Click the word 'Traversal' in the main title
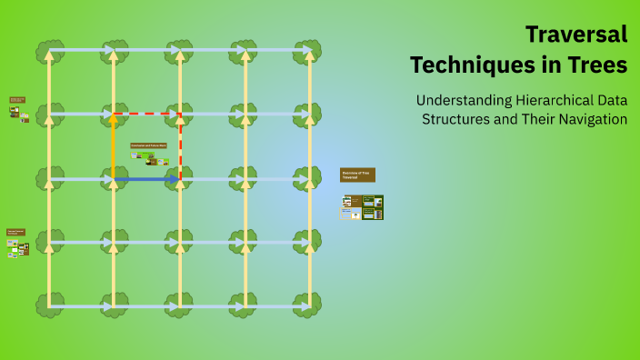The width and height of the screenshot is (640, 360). coord(576,35)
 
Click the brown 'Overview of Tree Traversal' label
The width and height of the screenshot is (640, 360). coord(357,175)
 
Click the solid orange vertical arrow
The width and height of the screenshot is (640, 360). coord(113,145)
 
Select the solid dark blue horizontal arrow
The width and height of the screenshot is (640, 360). coord(145,179)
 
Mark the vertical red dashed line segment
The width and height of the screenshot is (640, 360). coord(180,145)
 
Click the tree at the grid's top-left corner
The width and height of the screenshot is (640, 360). coord(49,51)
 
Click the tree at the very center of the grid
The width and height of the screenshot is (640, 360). coord(180,178)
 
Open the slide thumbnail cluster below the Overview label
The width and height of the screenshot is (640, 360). coord(362,207)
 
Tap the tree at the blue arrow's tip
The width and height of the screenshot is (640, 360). coord(180,178)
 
